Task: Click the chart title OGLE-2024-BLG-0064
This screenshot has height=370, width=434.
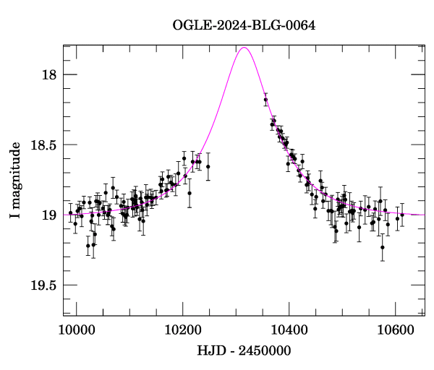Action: pos(244,26)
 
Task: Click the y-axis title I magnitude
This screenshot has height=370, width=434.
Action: pos(15,181)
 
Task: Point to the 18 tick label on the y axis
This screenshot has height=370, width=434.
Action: pos(48,74)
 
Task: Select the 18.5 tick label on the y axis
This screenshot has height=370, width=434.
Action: pos(43,145)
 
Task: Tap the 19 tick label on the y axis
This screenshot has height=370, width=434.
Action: pos(48,215)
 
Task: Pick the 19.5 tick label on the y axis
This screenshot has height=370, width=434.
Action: pos(43,285)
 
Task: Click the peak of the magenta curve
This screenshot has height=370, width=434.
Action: pos(244,48)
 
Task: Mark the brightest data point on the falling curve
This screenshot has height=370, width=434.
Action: pos(265,100)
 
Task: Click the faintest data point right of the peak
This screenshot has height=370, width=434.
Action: pos(383,247)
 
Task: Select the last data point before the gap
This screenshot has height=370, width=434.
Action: pos(208,166)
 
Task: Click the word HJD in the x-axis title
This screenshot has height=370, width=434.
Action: pos(211,352)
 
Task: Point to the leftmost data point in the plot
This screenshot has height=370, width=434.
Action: pos(70,213)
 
